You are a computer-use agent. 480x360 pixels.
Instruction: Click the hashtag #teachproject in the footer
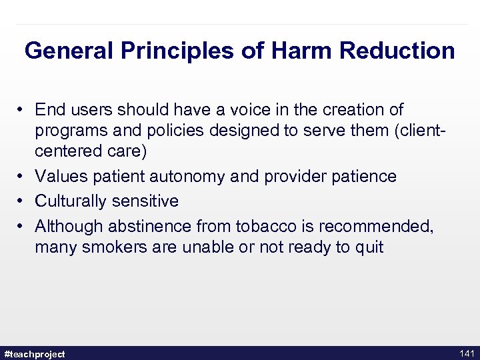pos(35,353)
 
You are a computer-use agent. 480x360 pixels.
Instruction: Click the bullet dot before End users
pos(22,109)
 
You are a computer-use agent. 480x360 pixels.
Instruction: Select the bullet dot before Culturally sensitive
pos(22,201)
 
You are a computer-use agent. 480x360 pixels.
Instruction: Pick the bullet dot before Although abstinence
pos(22,227)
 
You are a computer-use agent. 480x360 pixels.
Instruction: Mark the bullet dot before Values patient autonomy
pos(22,177)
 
